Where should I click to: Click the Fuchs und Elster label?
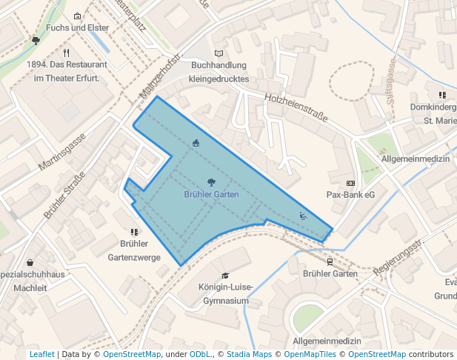tap(77, 28)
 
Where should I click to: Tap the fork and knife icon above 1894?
tap(67, 53)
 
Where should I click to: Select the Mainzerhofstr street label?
tap(159, 76)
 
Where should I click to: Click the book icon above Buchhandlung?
tap(218, 53)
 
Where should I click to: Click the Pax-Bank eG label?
tap(350, 195)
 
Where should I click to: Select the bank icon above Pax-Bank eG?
tap(350, 183)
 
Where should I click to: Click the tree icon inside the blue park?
tap(211, 181)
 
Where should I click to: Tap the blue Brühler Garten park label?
tap(211, 193)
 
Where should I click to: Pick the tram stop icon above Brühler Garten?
tap(330, 261)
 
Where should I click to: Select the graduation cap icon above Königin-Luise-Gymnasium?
tap(225, 276)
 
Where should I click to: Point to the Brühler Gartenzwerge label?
tap(134, 250)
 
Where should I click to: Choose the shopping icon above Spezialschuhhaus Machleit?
tap(30, 262)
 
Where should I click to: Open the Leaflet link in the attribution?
tap(41, 354)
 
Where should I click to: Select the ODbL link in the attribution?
tap(200, 354)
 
